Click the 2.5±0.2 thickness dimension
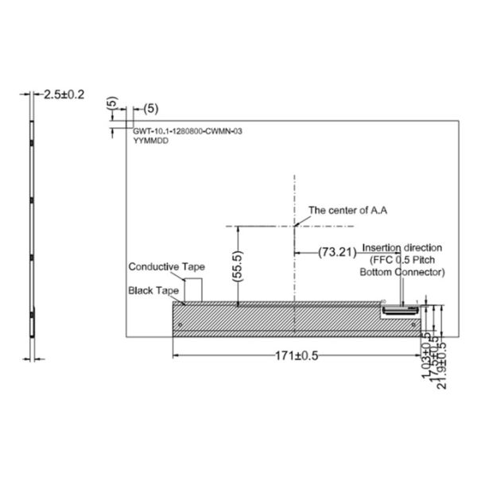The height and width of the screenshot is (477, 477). [64, 94]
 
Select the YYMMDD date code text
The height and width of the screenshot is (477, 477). [148, 138]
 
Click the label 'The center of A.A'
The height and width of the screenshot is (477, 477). [347, 211]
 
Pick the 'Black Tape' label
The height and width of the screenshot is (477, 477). [153, 291]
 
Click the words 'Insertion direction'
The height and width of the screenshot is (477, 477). [402, 247]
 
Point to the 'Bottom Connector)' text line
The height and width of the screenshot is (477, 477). [402, 272]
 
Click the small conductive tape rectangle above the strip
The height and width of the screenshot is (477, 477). [194, 288]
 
